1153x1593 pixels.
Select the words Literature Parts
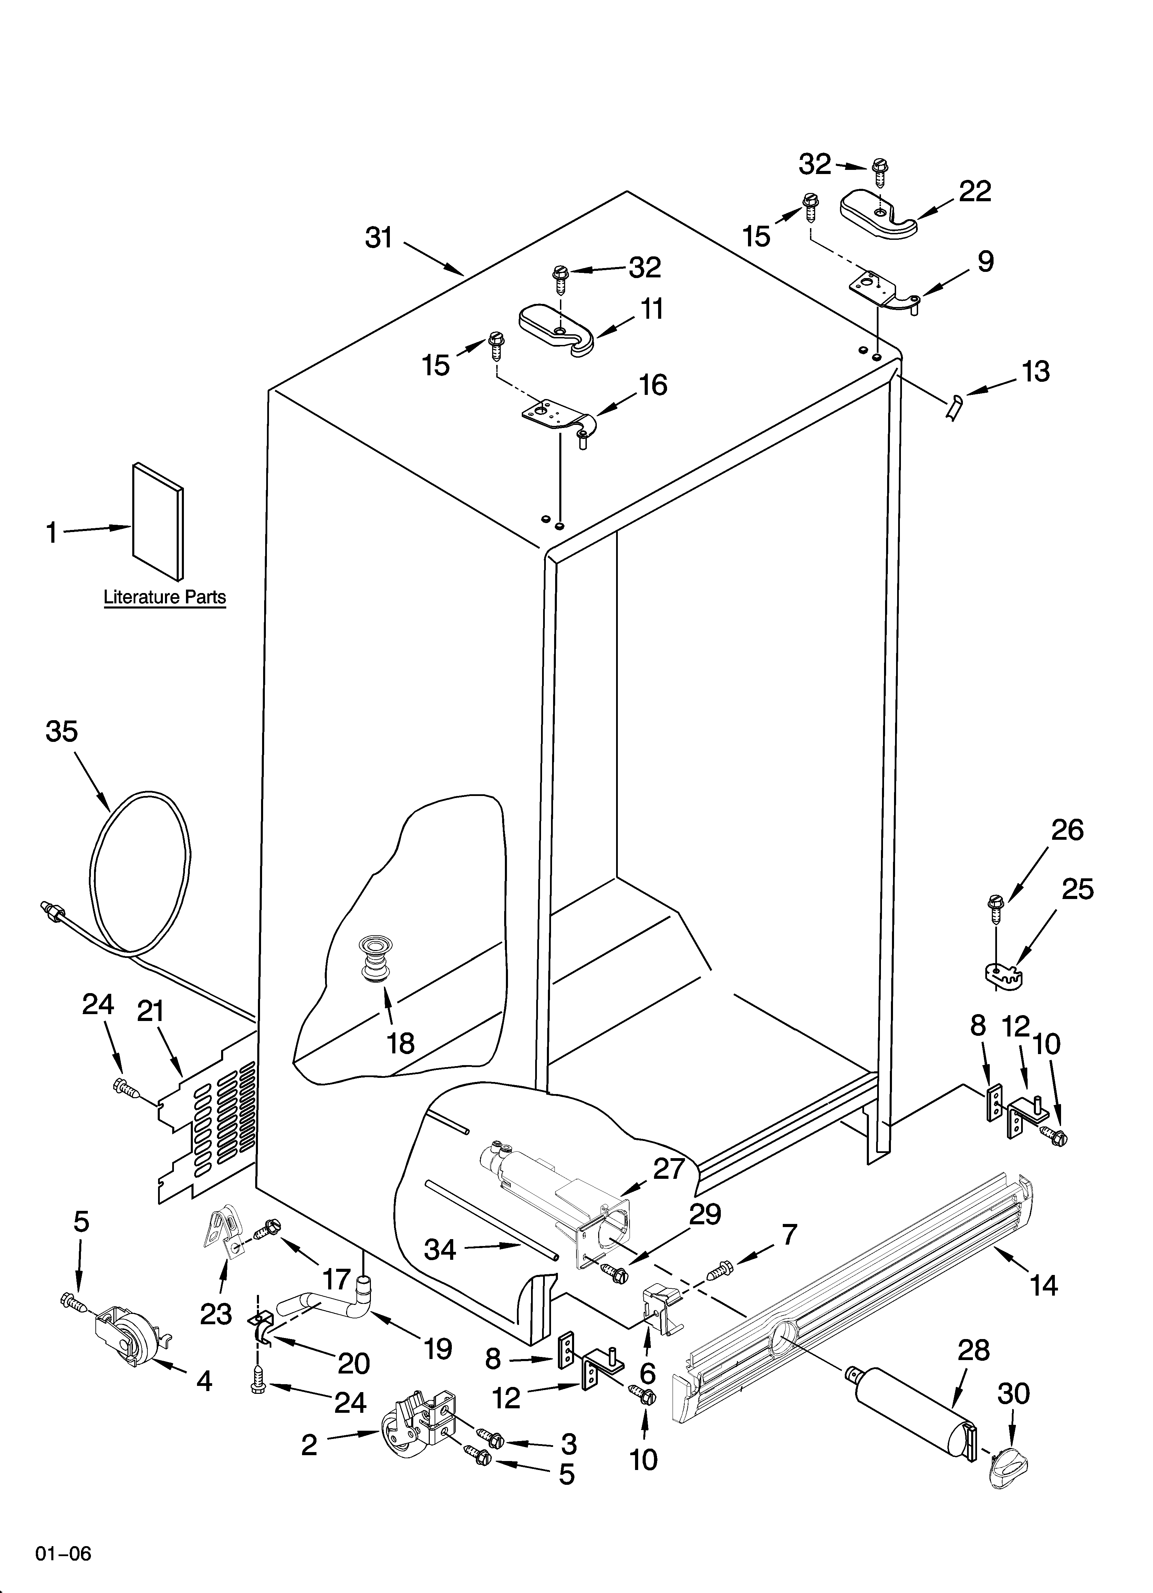tap(165, 597)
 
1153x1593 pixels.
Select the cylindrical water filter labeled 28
tap(913, 1412)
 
